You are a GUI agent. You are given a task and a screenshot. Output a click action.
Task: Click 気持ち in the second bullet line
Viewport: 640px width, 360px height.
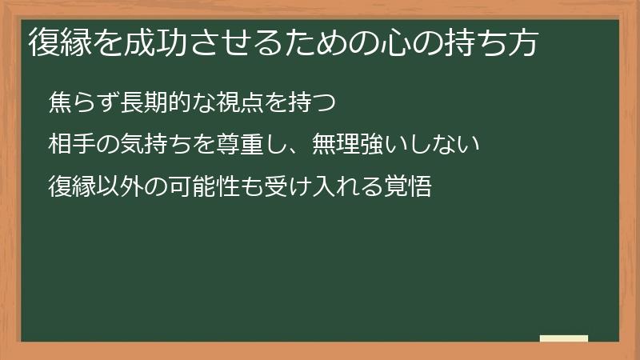coord(154,145)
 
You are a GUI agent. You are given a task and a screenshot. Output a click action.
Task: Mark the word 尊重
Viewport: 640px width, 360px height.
coord(237,145)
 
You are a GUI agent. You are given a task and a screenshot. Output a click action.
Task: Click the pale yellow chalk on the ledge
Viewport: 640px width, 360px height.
coord(564,338)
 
